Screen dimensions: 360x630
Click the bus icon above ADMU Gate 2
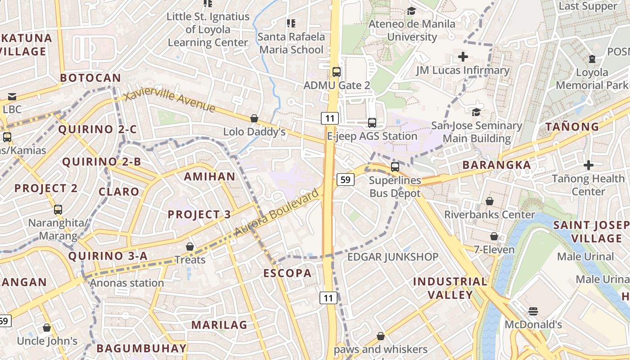coord(336,72)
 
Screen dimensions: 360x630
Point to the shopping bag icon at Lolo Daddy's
coord(254,118)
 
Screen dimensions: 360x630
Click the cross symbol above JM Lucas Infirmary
coord(463,57)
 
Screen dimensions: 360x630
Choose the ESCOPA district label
coord(287,273)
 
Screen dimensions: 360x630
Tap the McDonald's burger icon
coord(533,311)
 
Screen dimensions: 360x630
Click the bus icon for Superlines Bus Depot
coord(395,167)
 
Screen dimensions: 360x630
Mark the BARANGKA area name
coord(497,165)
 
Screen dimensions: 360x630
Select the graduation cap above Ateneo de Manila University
coord(411,11)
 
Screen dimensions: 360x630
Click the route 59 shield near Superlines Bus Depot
coord(345,180)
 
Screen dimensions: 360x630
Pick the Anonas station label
coord(127,283)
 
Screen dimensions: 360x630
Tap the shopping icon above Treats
coord(190,247)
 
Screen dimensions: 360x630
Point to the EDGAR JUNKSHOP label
coord(393,257)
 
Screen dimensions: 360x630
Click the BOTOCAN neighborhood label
coord(90,78)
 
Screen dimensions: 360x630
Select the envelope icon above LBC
coord(12,96)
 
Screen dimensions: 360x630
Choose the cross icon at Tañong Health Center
coord(588,165)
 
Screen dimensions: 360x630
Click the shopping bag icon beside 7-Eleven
coord(494,236)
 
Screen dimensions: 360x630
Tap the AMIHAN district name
coord(210,176)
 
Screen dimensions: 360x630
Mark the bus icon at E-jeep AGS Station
coord(372,122)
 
